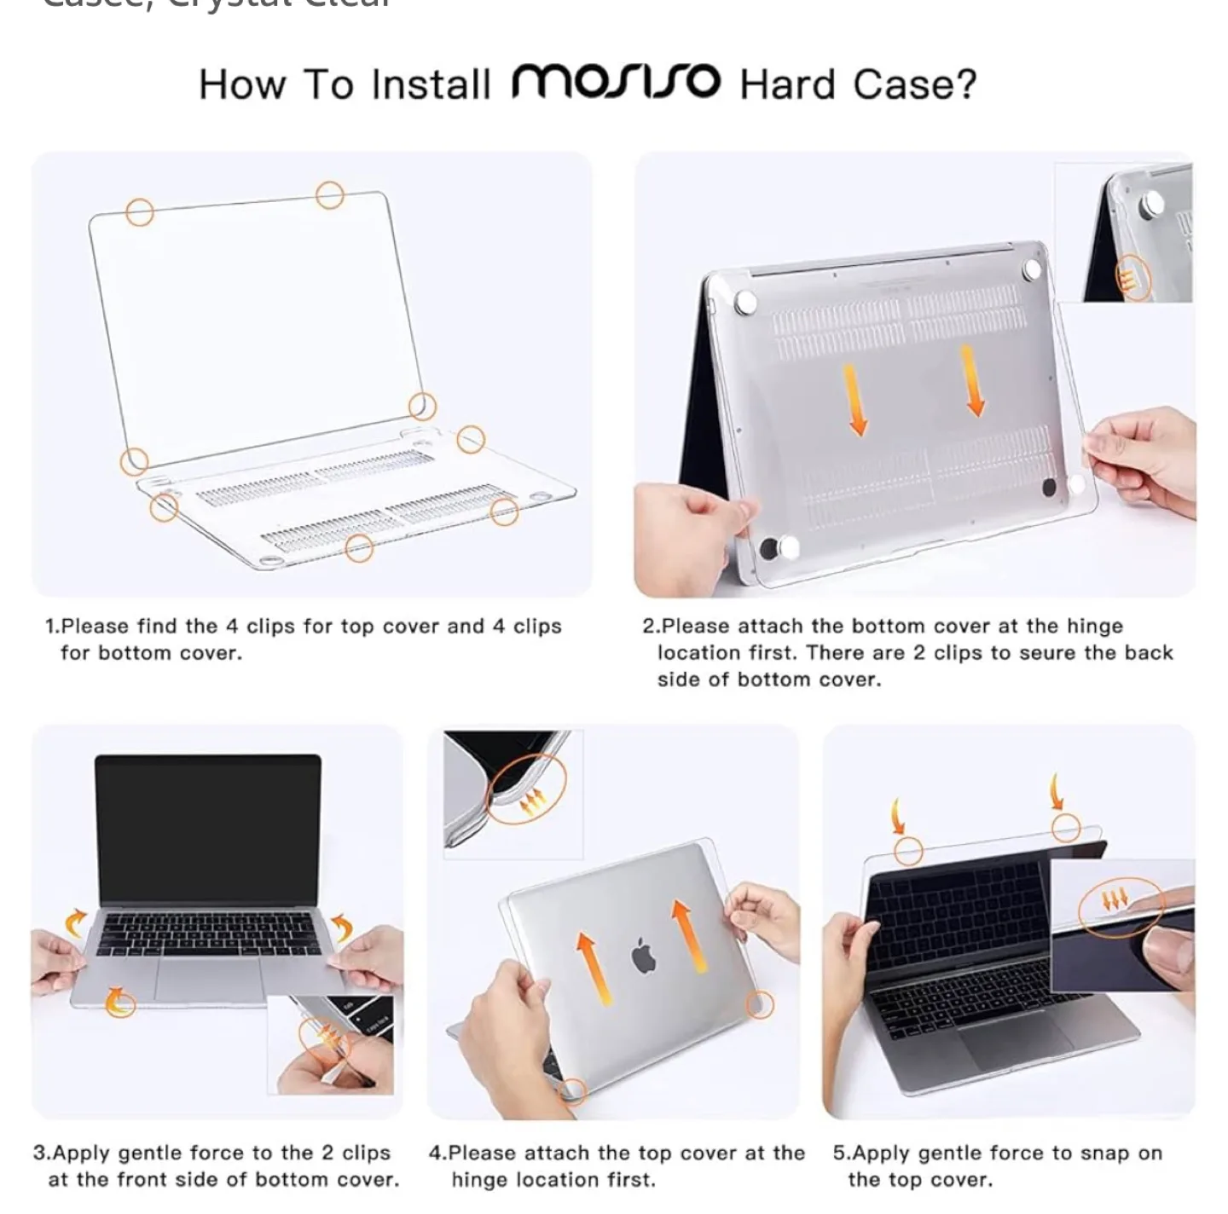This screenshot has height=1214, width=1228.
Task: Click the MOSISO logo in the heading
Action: pos(616,82)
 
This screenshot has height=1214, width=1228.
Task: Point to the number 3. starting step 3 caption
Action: pos(42,1153)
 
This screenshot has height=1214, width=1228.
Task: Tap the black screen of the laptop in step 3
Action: pos(208,827)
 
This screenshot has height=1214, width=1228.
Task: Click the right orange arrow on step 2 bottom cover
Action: pos(971,380)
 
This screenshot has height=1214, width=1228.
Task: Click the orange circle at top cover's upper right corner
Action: pos(330,195)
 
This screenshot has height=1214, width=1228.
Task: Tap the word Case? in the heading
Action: pos(914,84)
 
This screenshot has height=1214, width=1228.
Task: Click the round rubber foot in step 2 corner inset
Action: pos(1153,203)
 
